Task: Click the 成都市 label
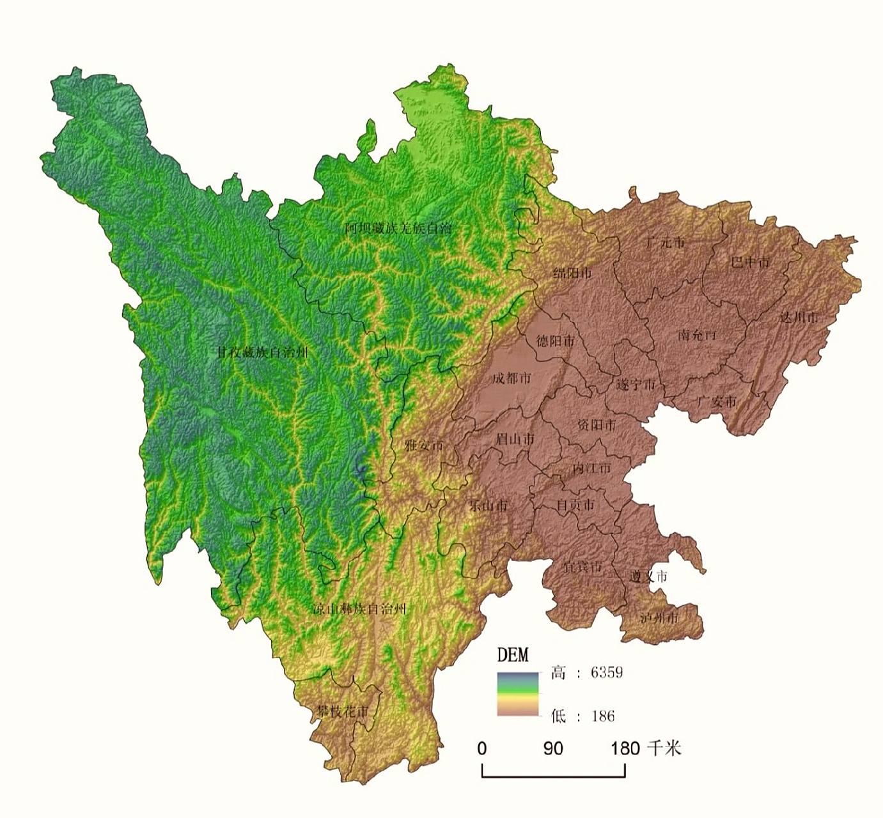point(511,378)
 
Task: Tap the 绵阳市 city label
point(572,274)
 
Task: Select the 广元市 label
point(665,243)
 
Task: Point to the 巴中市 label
point(751,262)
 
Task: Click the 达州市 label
point(799,317)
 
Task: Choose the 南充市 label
point(698,334)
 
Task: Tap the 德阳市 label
point(555,341)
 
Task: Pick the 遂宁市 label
point(636,385)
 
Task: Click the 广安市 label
point(716,402)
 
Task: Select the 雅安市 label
point(423,445)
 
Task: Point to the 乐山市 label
point(488,505)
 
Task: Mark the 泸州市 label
point(659,618)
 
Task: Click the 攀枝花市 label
point(342,711)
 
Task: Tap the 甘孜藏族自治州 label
point(262,352)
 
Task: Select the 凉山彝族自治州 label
point(359,608)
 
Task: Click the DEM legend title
point(513,654)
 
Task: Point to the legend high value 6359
point(606,672)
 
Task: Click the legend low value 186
point(602,716)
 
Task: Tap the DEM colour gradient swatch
point(518,694)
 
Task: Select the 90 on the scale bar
point(553,748)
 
